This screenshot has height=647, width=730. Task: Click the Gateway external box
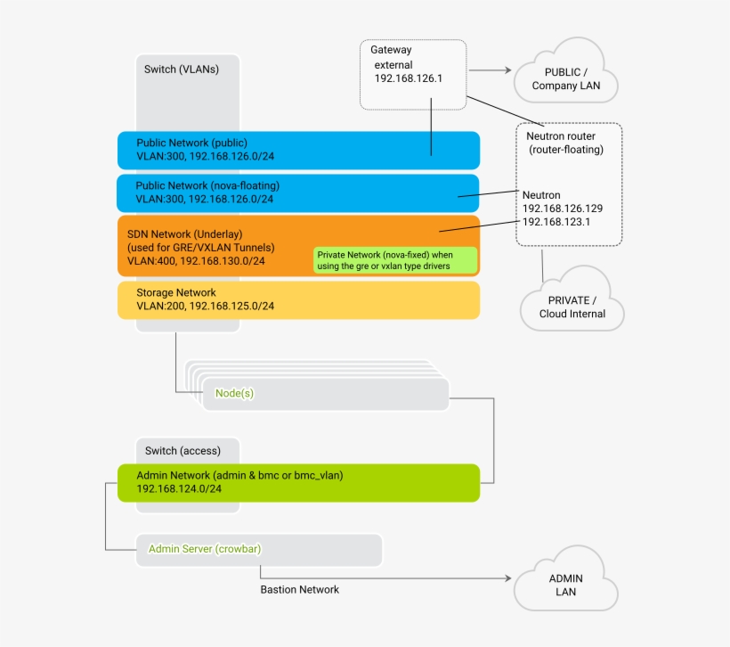tap(413, 74)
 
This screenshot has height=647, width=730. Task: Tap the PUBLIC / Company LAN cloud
tap(565, 78)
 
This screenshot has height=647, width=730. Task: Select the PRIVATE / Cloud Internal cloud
tap(572, 306)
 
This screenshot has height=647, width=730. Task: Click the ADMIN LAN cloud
tap(565, 585)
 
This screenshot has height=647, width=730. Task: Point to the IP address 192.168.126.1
tap(409, 78)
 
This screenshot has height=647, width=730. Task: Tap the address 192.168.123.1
tap(556, 222)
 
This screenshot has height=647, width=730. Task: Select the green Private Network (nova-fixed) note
tap(395, 260)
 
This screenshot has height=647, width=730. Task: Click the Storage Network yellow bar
tap(298, 299)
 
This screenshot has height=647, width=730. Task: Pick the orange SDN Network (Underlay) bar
tap(214, 246)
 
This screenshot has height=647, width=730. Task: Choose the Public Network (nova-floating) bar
tap(298, 192)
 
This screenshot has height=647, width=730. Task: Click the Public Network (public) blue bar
tap(298, 150)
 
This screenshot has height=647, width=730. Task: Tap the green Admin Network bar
tap(298, 482)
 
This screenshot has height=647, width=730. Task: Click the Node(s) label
tap(234, 393)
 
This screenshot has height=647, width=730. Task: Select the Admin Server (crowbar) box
tap(258, 549)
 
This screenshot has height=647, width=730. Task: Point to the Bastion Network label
tap(299, 589)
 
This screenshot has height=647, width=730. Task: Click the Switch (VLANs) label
tap(182, 69)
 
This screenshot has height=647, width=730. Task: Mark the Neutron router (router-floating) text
tap(565, 143)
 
